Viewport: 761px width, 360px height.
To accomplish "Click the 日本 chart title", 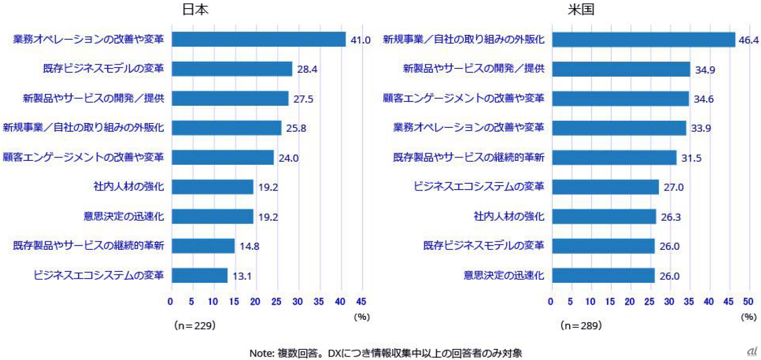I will [195, 10].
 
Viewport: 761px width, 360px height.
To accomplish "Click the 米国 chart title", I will [581, 10].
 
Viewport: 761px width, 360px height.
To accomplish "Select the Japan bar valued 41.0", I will [258, 39].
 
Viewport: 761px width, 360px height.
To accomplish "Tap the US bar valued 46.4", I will [643, 40].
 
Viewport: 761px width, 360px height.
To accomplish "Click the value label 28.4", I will [307, 69].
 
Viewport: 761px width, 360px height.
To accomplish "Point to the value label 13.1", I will [242, 276].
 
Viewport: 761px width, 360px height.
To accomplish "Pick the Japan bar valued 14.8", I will [203, 246].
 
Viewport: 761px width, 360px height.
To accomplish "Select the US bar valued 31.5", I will [614, 157].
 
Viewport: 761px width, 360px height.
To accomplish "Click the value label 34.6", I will [704, 99].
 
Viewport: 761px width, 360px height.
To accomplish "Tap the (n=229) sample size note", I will [195, 326].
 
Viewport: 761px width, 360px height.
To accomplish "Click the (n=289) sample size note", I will [581, 326].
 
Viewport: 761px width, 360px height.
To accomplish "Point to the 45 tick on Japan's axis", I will [361, 302].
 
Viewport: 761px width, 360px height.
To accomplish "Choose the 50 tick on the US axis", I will [748, 302].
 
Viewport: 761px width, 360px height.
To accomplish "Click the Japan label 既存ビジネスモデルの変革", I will [103, 68].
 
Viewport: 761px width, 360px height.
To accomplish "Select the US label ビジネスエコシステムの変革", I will [479, 186].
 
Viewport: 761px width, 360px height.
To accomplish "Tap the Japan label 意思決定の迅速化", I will [123, 216].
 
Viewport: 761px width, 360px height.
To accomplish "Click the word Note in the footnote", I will [261, 353].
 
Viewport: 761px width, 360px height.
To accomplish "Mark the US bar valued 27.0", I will [605, 187].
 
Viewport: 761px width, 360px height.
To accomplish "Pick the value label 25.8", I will [296, 128].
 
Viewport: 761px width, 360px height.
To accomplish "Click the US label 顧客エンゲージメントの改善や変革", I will [463, 98].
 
